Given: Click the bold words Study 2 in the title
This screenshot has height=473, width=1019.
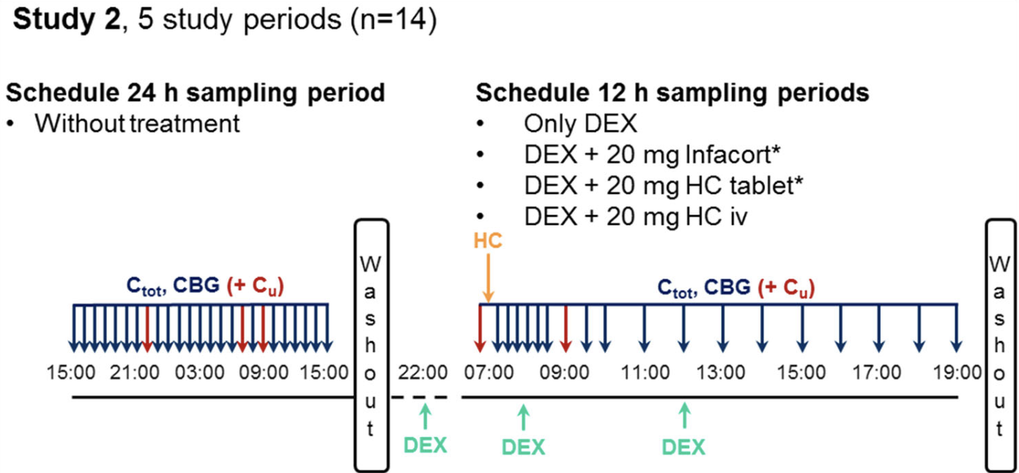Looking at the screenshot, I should coord(64,22).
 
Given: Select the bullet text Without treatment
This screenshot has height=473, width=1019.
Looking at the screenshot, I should coord(137,123).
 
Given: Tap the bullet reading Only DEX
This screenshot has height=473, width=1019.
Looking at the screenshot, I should coord(581,123).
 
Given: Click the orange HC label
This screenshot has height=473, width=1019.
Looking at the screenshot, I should coord(488,241).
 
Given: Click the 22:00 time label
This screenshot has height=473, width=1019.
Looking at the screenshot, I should coord(423,373).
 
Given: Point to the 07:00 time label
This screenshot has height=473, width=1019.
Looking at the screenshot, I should coord(488,373).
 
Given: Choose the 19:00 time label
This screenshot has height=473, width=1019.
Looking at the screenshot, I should coord(956,373).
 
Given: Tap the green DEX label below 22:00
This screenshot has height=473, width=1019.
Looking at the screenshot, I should coord(425,444).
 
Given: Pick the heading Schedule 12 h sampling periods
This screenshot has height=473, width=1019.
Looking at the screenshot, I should coord(672,93).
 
